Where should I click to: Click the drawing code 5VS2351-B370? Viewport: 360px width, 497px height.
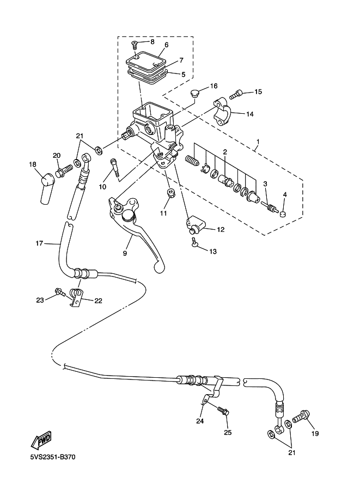53,457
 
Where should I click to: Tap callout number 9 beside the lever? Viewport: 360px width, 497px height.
125,253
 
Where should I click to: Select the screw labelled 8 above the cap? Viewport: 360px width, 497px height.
134,45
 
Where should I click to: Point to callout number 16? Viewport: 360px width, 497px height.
213,86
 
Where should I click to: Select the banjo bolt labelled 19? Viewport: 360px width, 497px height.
301,418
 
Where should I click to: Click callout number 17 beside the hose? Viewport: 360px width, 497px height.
39,243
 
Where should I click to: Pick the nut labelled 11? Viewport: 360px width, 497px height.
170,194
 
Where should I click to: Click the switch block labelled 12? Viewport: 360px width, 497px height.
194,223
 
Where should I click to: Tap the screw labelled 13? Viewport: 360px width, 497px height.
194,245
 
